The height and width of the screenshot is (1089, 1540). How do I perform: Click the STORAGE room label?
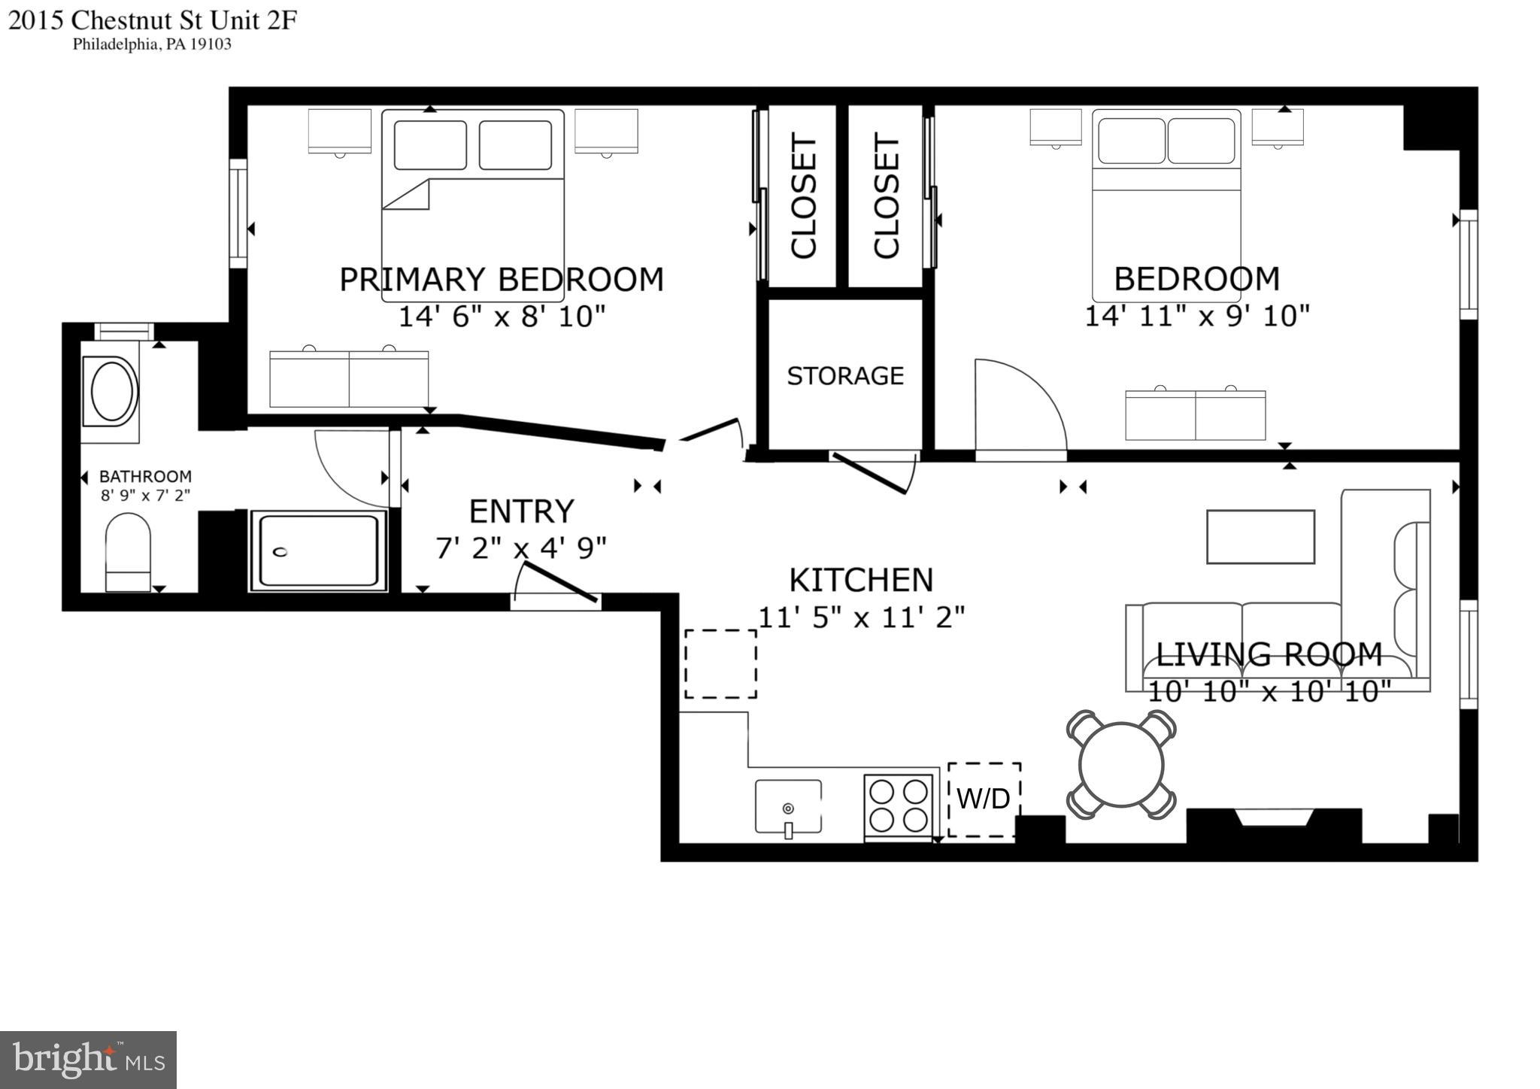point(845,375)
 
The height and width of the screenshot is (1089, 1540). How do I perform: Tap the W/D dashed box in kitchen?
point(984,799)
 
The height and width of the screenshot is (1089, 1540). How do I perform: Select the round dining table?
point(1121,765)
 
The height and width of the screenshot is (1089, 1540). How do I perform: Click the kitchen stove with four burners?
point(899,805)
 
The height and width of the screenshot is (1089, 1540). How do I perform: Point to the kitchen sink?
point(788,807)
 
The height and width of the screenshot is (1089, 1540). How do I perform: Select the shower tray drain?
point(280,552)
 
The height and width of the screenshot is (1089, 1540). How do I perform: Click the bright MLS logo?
point(88,1060)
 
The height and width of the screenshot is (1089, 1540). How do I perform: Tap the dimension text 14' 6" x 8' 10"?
point(502,317)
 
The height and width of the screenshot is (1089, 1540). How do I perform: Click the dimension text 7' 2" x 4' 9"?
point(521,548)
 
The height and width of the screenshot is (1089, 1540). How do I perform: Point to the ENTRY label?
point(521,511)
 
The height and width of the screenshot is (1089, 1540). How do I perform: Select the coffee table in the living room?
point(1260,536)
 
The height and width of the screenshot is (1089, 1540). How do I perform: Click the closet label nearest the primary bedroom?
point(803,197)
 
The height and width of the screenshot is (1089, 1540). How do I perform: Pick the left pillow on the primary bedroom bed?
point(430,145)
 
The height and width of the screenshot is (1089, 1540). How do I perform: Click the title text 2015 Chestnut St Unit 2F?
point(153,20)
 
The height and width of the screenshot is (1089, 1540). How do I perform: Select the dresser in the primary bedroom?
point(349,378)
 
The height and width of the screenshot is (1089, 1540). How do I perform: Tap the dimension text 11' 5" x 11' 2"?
point(861,617)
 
